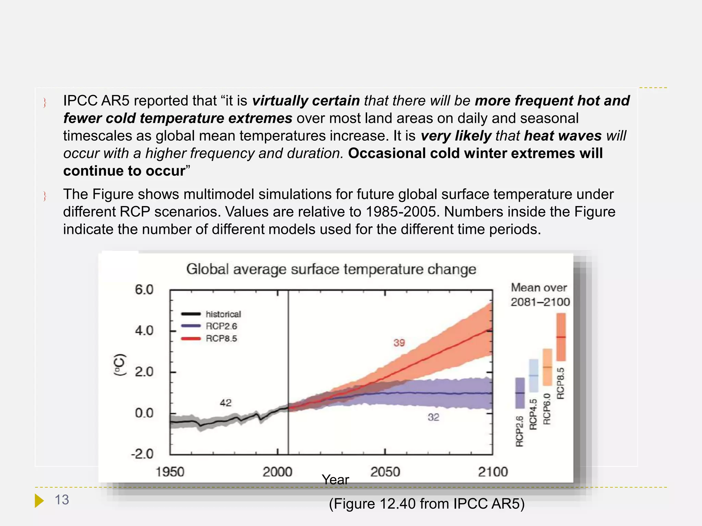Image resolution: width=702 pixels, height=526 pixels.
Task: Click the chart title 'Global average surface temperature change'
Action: tap(331, 269)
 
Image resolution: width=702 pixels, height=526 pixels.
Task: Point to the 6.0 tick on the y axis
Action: tap(144, 290)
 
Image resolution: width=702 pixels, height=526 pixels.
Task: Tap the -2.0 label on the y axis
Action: tap(142, 454)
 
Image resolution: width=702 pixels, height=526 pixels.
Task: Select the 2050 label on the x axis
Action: tap(385, 472)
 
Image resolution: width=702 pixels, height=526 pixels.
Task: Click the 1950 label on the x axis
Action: tap(170, 472)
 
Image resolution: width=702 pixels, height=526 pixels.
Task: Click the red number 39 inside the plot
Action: tap(399, 343)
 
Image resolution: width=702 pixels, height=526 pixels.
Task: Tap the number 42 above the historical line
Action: tap(226, 403)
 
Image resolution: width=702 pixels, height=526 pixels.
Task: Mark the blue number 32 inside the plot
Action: tap(433, 417)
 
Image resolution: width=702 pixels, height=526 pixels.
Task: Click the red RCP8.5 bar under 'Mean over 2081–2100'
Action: tap(561, 337)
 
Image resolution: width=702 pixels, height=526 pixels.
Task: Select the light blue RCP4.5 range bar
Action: tap(534, 375)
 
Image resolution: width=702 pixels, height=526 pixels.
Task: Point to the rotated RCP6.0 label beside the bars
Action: tap(547, 409)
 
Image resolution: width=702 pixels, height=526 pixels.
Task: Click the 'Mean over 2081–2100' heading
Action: tap(540, 295)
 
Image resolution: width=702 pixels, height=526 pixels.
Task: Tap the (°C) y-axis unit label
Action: tap(120, 365)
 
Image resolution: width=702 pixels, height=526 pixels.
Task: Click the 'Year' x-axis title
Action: tap(335, 480)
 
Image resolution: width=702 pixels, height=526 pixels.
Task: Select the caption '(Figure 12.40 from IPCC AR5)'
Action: tap(427, 504)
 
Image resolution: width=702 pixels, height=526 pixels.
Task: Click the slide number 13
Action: tap(62, 500)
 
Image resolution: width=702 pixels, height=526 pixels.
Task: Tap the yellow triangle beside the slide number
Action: tap(39, 501)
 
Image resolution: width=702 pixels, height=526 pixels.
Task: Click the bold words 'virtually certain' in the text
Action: tap(306, 101)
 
